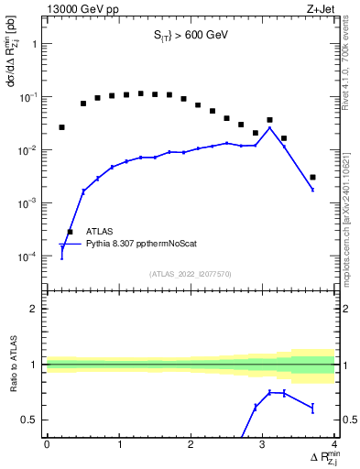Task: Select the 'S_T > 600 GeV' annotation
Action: pos(190,36)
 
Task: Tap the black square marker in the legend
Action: pos(70,232)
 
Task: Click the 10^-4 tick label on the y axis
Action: pos(27,256)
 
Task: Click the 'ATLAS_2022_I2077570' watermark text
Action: pos(190,273)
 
